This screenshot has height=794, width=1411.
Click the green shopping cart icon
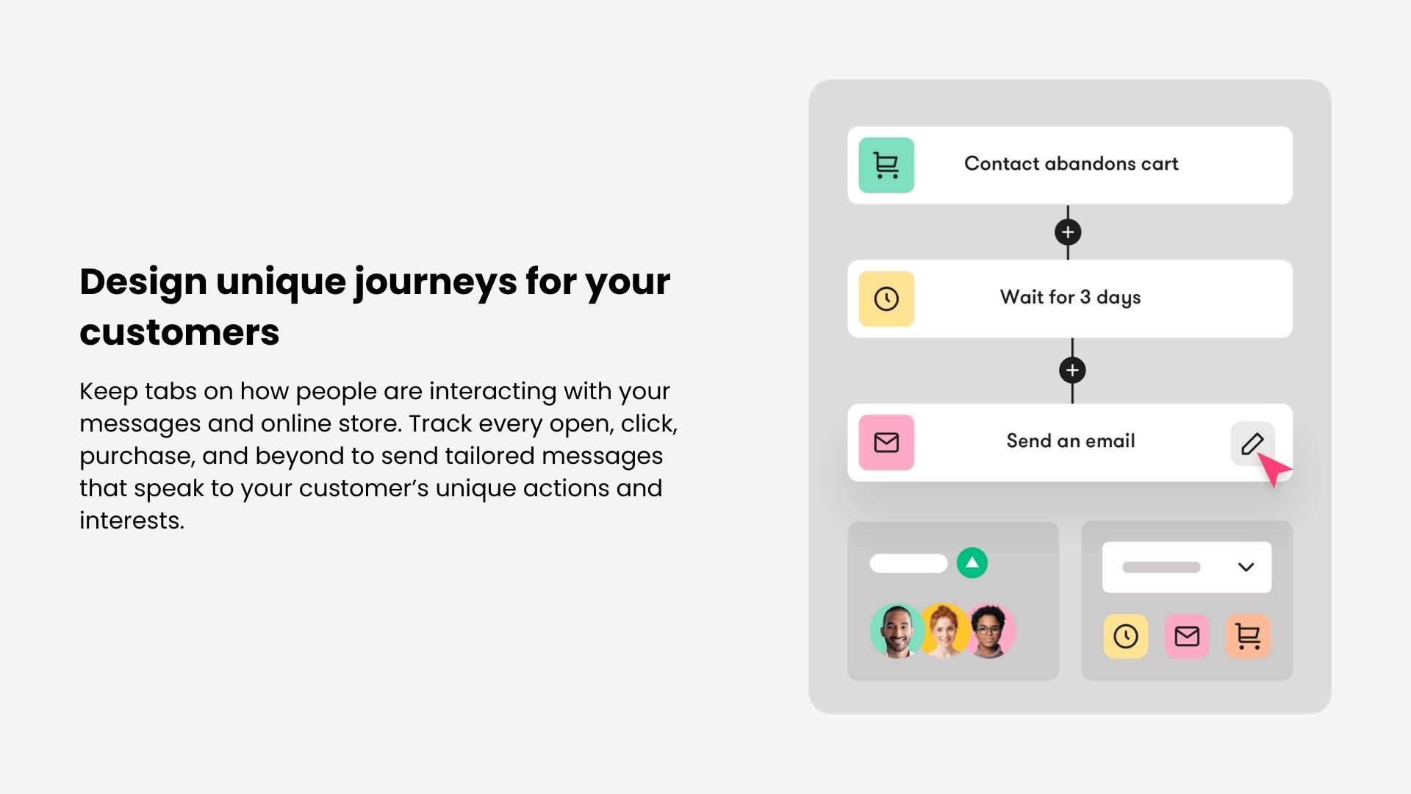886,165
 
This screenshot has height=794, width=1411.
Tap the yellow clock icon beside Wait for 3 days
886,299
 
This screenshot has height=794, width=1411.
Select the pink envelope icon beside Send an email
886,443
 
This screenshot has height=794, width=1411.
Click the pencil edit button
1252,443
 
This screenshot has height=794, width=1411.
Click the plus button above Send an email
1072,371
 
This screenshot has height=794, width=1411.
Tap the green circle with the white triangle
972,563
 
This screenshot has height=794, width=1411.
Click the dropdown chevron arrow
1246,568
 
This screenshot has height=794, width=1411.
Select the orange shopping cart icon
1249,636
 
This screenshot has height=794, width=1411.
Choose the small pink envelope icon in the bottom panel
1187,636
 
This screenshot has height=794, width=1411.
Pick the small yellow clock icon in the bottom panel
1126,636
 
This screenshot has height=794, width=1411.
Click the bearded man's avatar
897,631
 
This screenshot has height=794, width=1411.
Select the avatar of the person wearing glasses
991,631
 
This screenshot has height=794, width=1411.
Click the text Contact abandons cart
1071,164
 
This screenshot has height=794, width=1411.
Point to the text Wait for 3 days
1070,298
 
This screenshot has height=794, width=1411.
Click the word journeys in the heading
435,283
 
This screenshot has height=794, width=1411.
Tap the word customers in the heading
179,332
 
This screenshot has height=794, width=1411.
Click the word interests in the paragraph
132,521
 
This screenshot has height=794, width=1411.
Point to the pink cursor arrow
1274,469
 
